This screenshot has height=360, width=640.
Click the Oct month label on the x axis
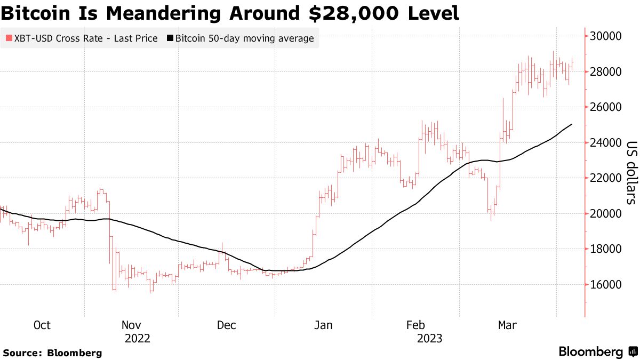(x=42, y=325)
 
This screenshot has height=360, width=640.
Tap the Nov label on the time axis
(x=131, y=325)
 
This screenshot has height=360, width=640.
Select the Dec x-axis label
(x=227, y=325)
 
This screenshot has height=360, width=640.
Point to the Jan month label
(x=323, y=325)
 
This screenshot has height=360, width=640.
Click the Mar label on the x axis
(x=507, y=325)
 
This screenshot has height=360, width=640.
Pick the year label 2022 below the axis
(x=137, y=339)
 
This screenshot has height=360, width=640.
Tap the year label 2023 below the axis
(x=429, y=339)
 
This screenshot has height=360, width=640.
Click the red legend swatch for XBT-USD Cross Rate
(x=9, y=38)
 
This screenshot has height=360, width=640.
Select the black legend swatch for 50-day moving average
(x=170, y=38)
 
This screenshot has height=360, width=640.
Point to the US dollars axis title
(x=631, y=173)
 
